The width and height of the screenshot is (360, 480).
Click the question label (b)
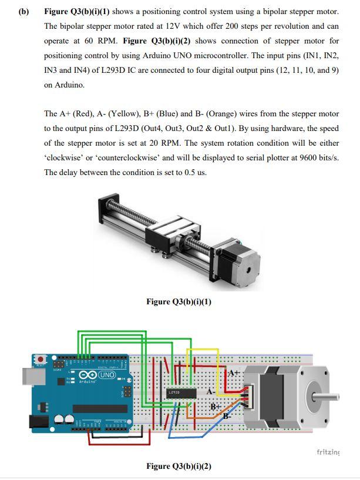pyautogui.click(x=23, y=12)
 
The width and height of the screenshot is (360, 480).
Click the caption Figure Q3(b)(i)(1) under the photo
pyautogui.click(x=179, y=302)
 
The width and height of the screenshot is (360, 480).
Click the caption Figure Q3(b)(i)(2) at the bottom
pyautogui.click(x=179, y=466)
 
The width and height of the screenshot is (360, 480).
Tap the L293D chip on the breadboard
pyautogui.click(x=174, y=391)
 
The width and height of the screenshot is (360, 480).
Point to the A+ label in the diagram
pyautogui.click(x=234, y=373)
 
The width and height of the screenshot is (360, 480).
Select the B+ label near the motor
pyautogui.click(x=215, y=406)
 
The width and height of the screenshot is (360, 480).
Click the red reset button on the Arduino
pyautogui.click(x=41, y=358)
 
